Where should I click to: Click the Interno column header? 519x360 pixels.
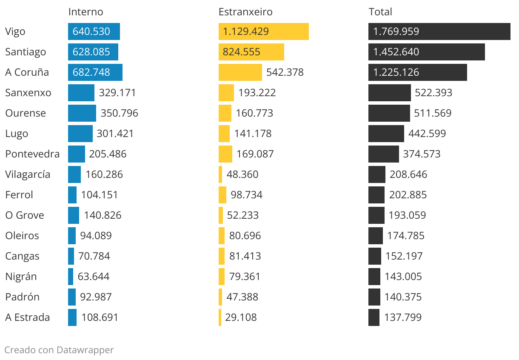click(86, 12)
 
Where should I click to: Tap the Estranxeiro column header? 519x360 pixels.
click(245, 12)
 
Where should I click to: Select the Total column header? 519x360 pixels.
click(380, 12)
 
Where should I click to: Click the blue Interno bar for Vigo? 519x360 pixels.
click(94, 31)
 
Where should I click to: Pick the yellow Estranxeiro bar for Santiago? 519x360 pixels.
click(251, 52)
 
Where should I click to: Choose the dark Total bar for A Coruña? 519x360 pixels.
click(417, 72)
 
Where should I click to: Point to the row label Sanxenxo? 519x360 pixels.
click(28, 93)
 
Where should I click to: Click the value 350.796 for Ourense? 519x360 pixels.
click(119, 113)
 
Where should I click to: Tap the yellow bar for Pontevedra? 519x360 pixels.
click(225, 154)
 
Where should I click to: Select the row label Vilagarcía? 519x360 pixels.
click(28, 174)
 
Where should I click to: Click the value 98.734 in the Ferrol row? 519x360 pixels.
click(246, 195)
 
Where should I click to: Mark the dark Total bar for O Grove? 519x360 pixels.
click(376, 215)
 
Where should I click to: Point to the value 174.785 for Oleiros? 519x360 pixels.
click(405, 236)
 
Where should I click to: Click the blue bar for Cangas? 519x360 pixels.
click(71, 256)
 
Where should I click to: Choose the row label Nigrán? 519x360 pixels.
click(21, 277)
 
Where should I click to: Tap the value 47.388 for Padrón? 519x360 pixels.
click(242, 297)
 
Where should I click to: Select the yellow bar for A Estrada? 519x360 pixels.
click(220, 317)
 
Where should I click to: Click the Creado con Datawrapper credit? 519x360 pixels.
click(59, 350)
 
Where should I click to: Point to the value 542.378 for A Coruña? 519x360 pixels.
click(285, 72)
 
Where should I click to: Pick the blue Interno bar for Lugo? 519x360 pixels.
click(80, 134)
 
